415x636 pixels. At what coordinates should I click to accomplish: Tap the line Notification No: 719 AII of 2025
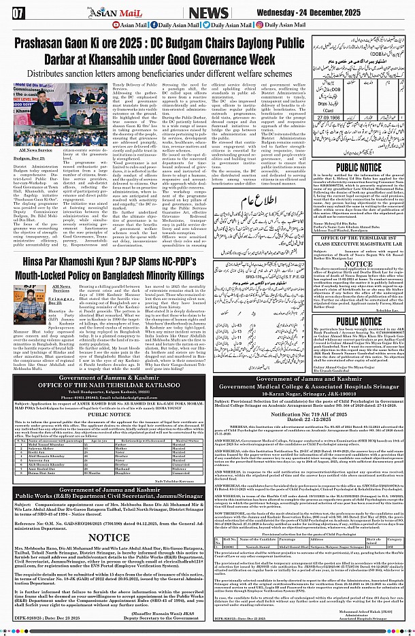310,414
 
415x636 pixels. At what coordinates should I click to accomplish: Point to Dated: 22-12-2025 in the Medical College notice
310,420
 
